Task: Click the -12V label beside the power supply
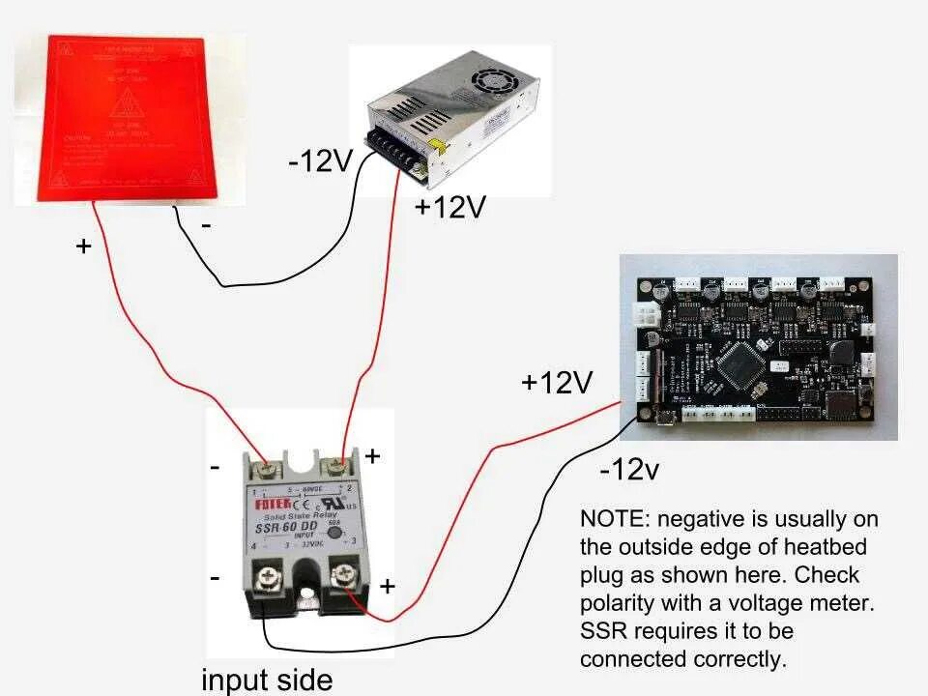322,160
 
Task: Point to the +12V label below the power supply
449,207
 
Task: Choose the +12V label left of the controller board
556,383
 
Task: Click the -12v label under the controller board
629,471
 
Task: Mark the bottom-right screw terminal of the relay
340,578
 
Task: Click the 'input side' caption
267,680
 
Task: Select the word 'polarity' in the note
618,603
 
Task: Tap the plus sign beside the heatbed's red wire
84,246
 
